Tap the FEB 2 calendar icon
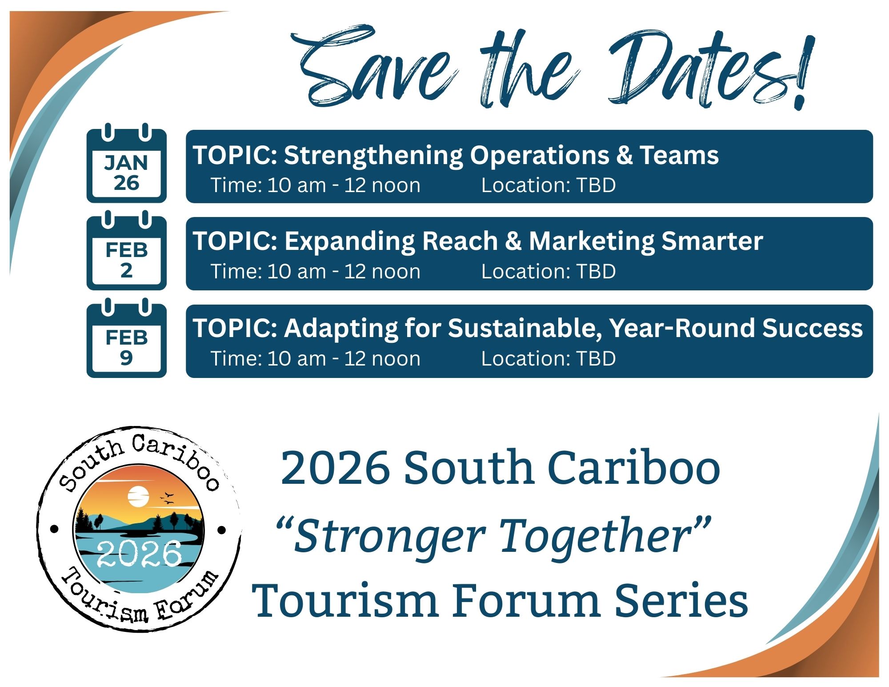pyautogui.click(x=126, y=253)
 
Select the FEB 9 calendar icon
pyautogui.click(x=126, y=341)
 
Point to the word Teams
pyautogui.click(x=679, y=155)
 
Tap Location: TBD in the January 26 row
pyautogui.click(x=548, y=185)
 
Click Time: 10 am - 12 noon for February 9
pyautogui.click(x=315, y=358)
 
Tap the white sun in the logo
pyautogui.click(x=138, y=496)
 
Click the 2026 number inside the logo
pyautogui.click(x=139, y=554)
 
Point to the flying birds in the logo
pyautogui.click(x=167, y=498)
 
